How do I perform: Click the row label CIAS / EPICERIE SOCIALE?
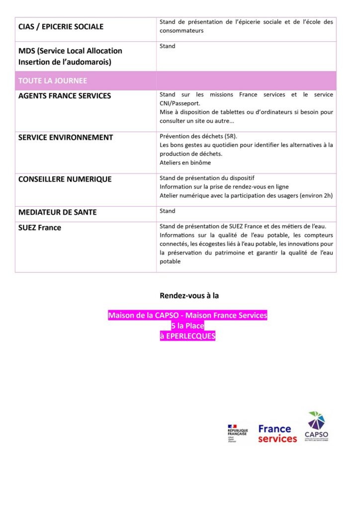[61, 27]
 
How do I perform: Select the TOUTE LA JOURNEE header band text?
[53, 81]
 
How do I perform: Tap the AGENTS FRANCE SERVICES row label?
[65, 96]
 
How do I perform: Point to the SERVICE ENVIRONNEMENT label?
[66, 137]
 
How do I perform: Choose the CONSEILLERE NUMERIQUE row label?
[65, 179]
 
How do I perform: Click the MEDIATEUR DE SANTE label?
[58, 212]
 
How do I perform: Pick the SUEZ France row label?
[40, 228]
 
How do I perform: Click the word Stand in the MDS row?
[168, 46]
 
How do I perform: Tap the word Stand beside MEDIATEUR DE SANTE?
[168, 211]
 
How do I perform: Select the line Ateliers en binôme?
[185, 163]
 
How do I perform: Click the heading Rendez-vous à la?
[189, 295]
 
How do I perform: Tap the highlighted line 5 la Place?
[187, 326]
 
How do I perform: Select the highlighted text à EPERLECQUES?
[187, 336]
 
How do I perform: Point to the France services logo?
[277, 433]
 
